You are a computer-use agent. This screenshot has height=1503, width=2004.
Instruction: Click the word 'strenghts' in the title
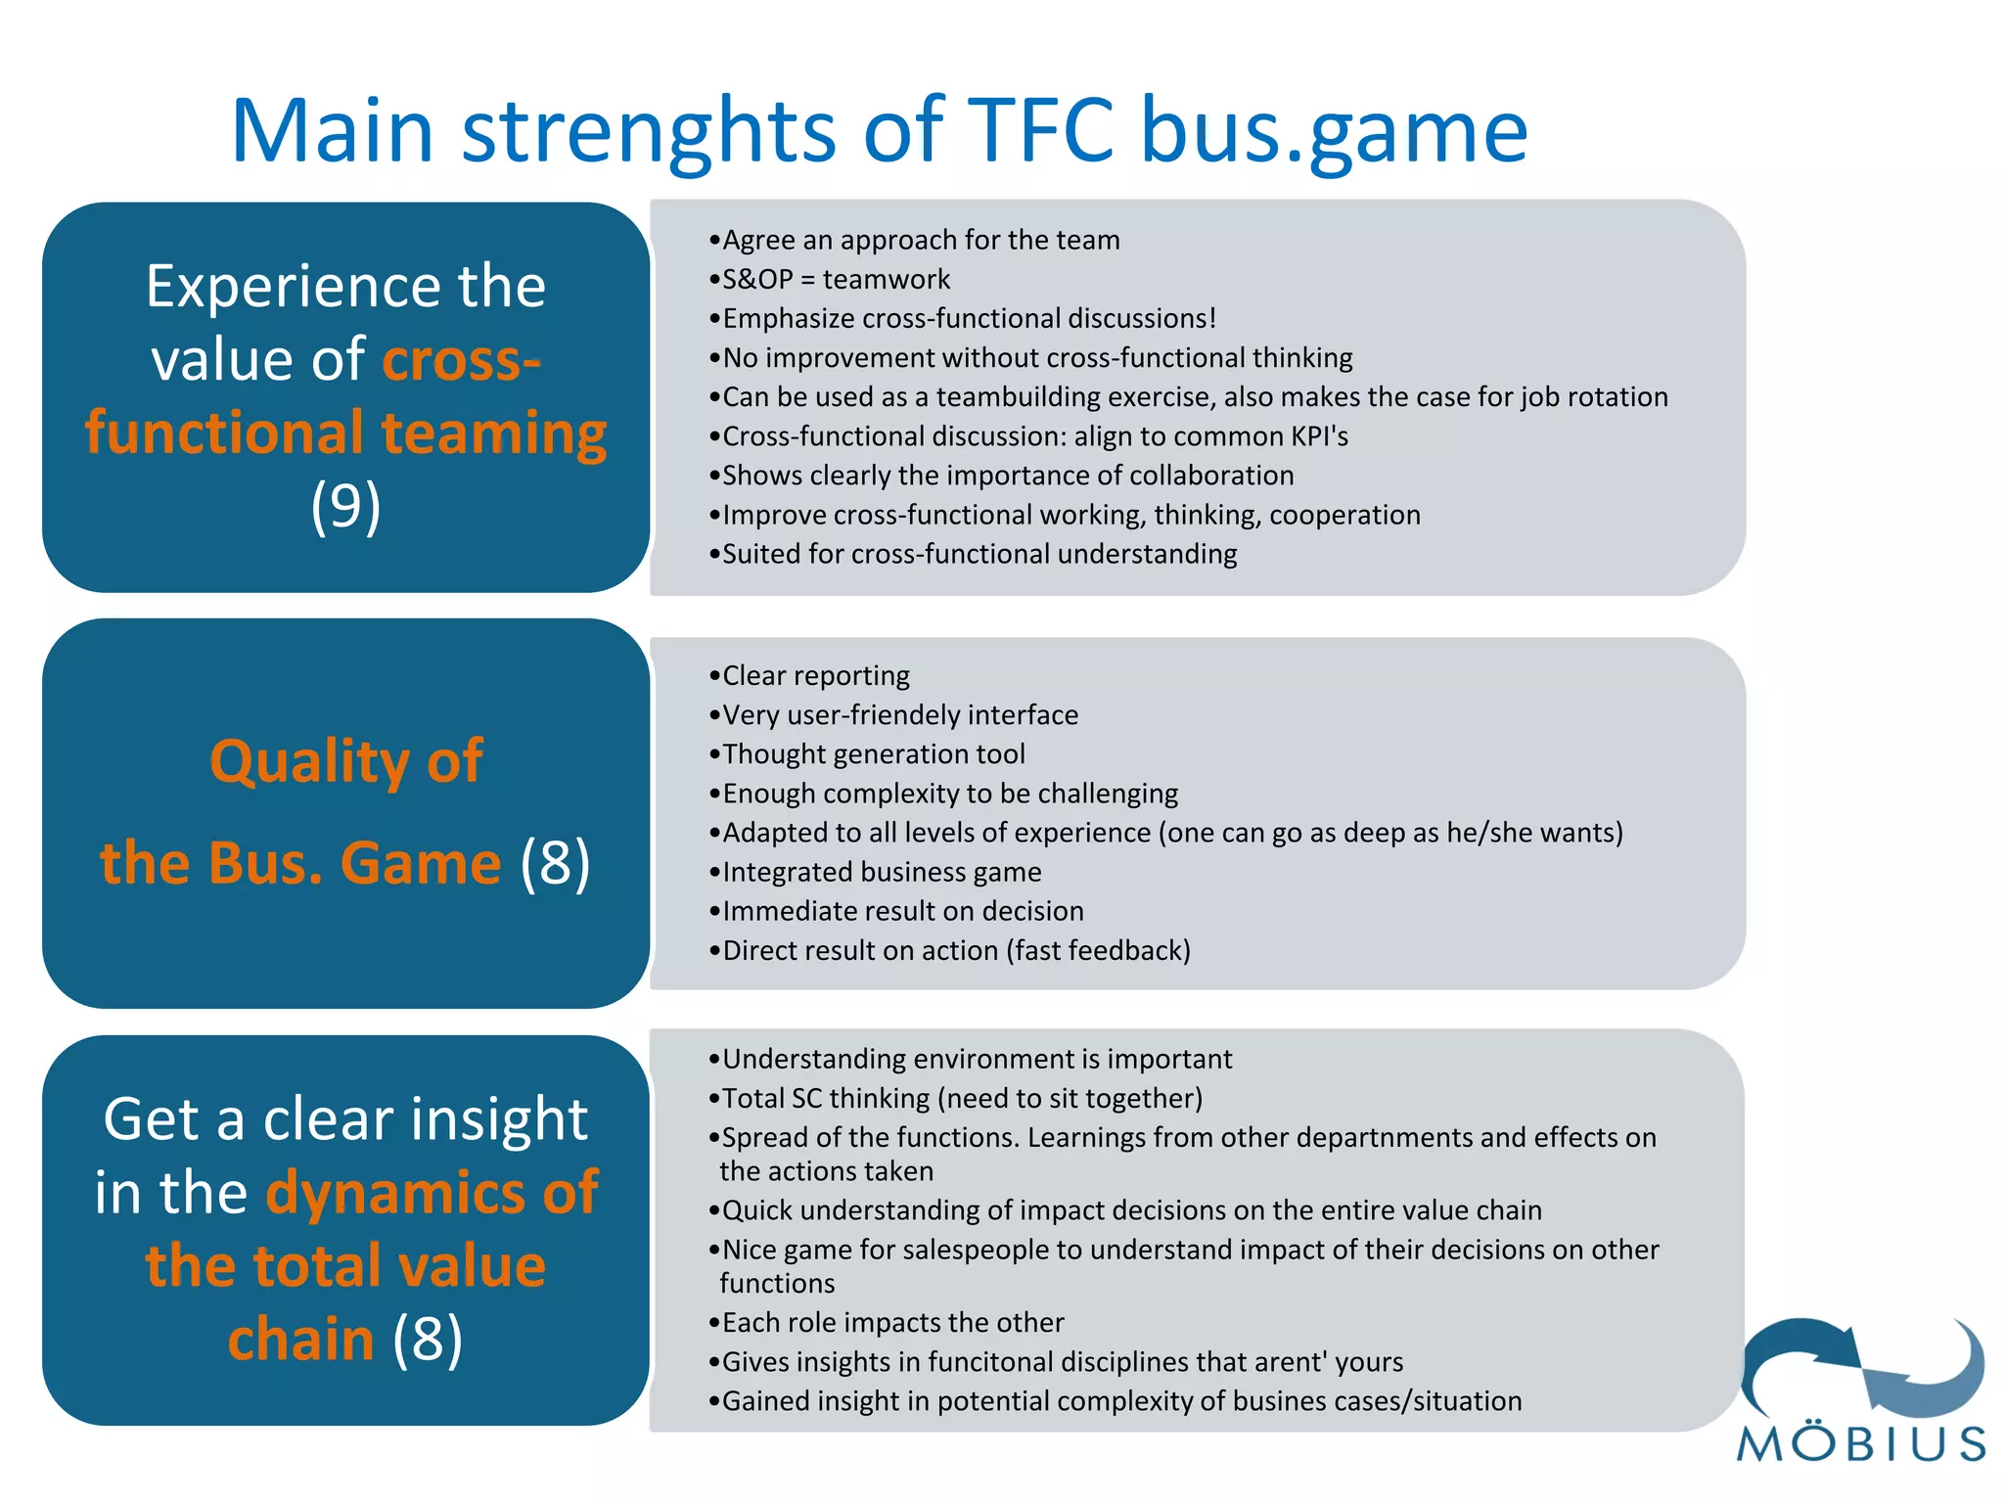pos(649,132)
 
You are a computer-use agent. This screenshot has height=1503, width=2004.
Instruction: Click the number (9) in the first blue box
pos(345,507)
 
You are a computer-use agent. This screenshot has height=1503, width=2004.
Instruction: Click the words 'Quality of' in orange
pos(345,761)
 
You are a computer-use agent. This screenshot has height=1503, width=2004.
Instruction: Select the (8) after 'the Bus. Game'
pos(556,863)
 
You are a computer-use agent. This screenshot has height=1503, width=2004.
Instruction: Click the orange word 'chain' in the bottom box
pos(301,1339)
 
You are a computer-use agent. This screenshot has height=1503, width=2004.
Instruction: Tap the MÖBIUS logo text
pos(1862,1444)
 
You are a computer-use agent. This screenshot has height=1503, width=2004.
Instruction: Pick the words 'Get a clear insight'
pos(345,1119)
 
